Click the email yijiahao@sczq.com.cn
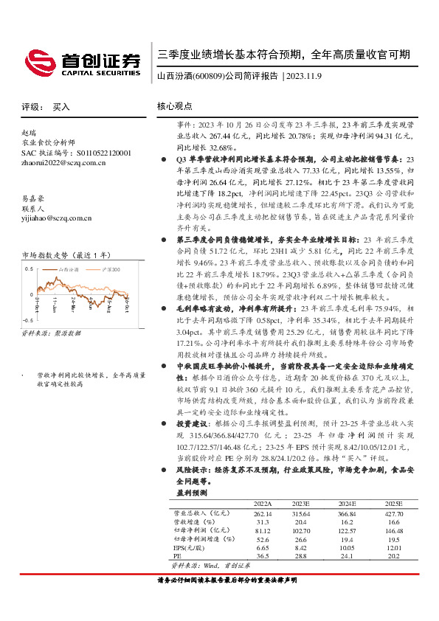56,218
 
